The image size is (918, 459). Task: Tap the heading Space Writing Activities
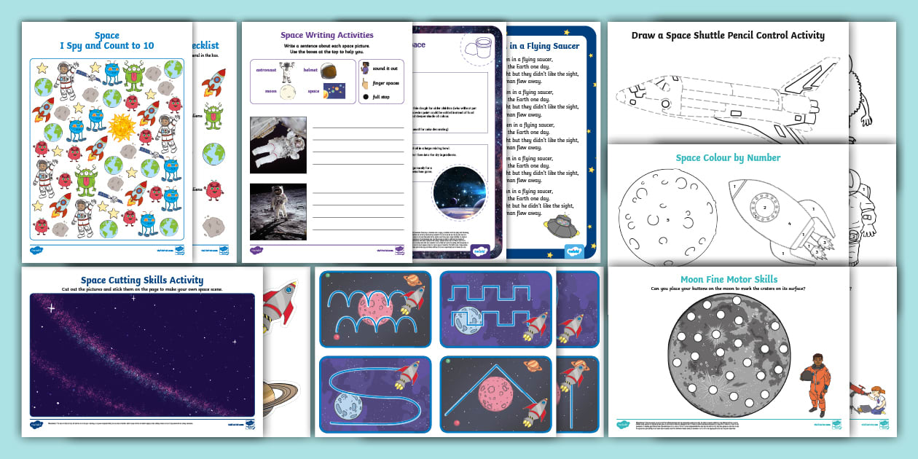coord(326,35)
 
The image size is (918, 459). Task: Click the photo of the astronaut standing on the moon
coord(278,211)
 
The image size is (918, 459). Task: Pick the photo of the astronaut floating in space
coord(278,145)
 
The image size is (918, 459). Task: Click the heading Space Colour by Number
coord(728,157)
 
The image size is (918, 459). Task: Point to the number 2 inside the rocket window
coord(764,208)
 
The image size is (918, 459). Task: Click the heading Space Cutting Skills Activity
coord(142,280)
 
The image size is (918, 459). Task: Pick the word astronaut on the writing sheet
coord(266,70)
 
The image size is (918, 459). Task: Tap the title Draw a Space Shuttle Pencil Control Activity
coord(728,35)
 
